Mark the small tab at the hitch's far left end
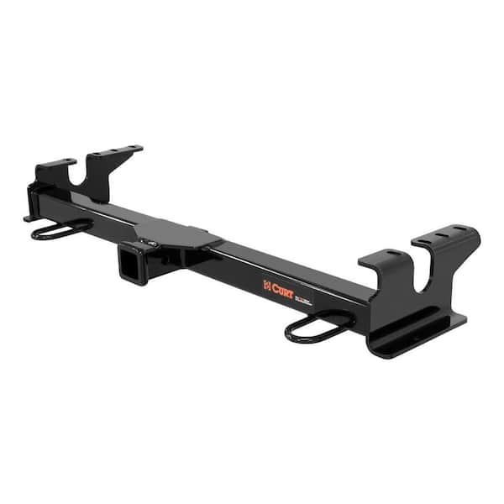[x=29, y=218]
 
